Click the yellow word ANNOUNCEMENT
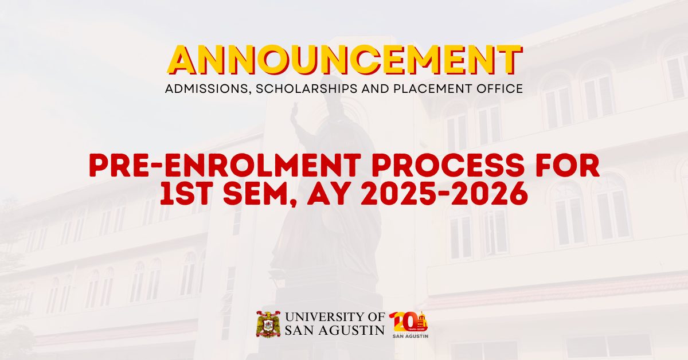point(344,60)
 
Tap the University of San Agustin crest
point(268,324)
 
